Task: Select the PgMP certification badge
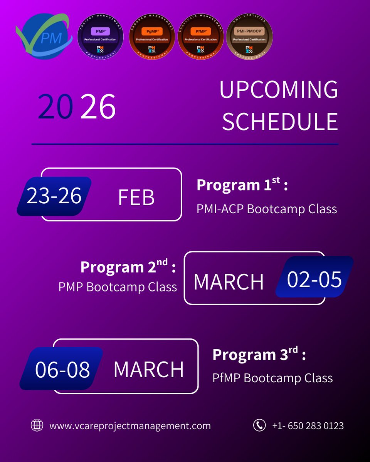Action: [x=152, y=40]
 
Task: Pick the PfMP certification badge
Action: [x=200, y=40]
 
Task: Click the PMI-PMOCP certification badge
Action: [x=249, y=40]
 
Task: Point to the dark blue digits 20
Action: [x=55, y=107]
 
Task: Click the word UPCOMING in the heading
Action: [x=279, y=90]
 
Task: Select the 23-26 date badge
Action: [x=54, y=196]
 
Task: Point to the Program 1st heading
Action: [x=242, y=185]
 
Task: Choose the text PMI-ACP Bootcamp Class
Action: [x=267, y=209]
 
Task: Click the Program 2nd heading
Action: [x=128, y=267]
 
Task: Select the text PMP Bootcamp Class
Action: [x=118, y=287]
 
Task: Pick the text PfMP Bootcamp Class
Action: [x=272, y=378]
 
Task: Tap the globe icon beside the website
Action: [x=37, y=425]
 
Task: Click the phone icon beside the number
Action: [x=259, y=425]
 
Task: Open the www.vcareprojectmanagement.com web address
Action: [x=130, y=426]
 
